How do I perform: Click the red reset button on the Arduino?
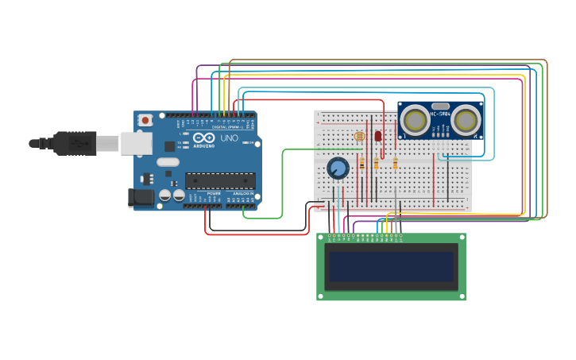(145, 120)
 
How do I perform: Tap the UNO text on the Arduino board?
(229, 138)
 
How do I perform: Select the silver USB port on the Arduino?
(136, 143)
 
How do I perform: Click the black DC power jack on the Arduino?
(141, 197)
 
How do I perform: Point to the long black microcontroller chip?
(220, 181)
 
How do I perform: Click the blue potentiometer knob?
(338, 168)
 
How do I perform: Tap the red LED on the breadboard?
(378, 136)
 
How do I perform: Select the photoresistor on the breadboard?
(358, 137)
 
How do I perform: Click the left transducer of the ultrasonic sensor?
(415, 120)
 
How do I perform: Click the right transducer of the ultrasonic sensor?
(466, 120)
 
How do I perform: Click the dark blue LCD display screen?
(391, 267)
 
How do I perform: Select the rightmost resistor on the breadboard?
(395, 164)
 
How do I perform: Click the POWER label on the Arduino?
(215, 193)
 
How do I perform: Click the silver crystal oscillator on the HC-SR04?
(441, 106)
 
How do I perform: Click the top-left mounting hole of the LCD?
(320, 237)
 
